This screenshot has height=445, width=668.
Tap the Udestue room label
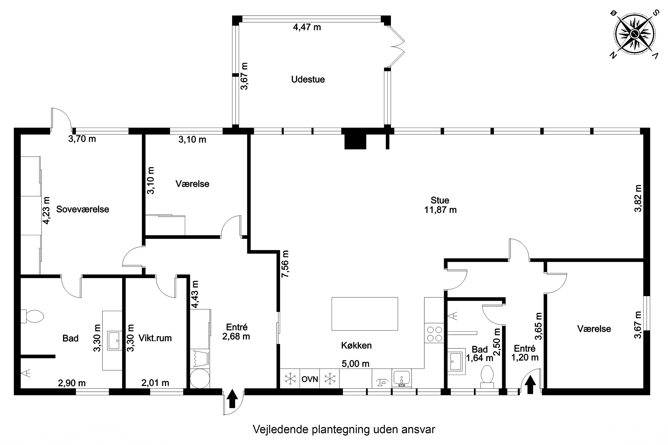coord(308,79)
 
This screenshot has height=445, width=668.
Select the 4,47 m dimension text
coord(307,27)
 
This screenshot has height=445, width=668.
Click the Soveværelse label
coord(83,209)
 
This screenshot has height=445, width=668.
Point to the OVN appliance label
coord(310,379)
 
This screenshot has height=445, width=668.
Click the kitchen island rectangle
coord(365,314)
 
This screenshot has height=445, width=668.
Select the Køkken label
coord(356,345)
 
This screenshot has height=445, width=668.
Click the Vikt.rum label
coord(155,338)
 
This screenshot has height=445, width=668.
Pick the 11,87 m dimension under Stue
coord(440,210)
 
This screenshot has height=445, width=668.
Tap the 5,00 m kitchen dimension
coord(356,364)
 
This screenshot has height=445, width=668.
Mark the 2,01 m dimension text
coord(155,383)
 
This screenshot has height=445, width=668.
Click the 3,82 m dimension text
coord(638,198)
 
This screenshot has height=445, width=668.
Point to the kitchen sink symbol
coord(401,378)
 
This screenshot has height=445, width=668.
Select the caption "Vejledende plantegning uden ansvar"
coord(344,429)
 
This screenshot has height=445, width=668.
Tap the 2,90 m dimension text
coord(72,383)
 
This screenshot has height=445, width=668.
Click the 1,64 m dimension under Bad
coord(480,358)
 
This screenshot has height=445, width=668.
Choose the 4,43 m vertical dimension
coord(195,294)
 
